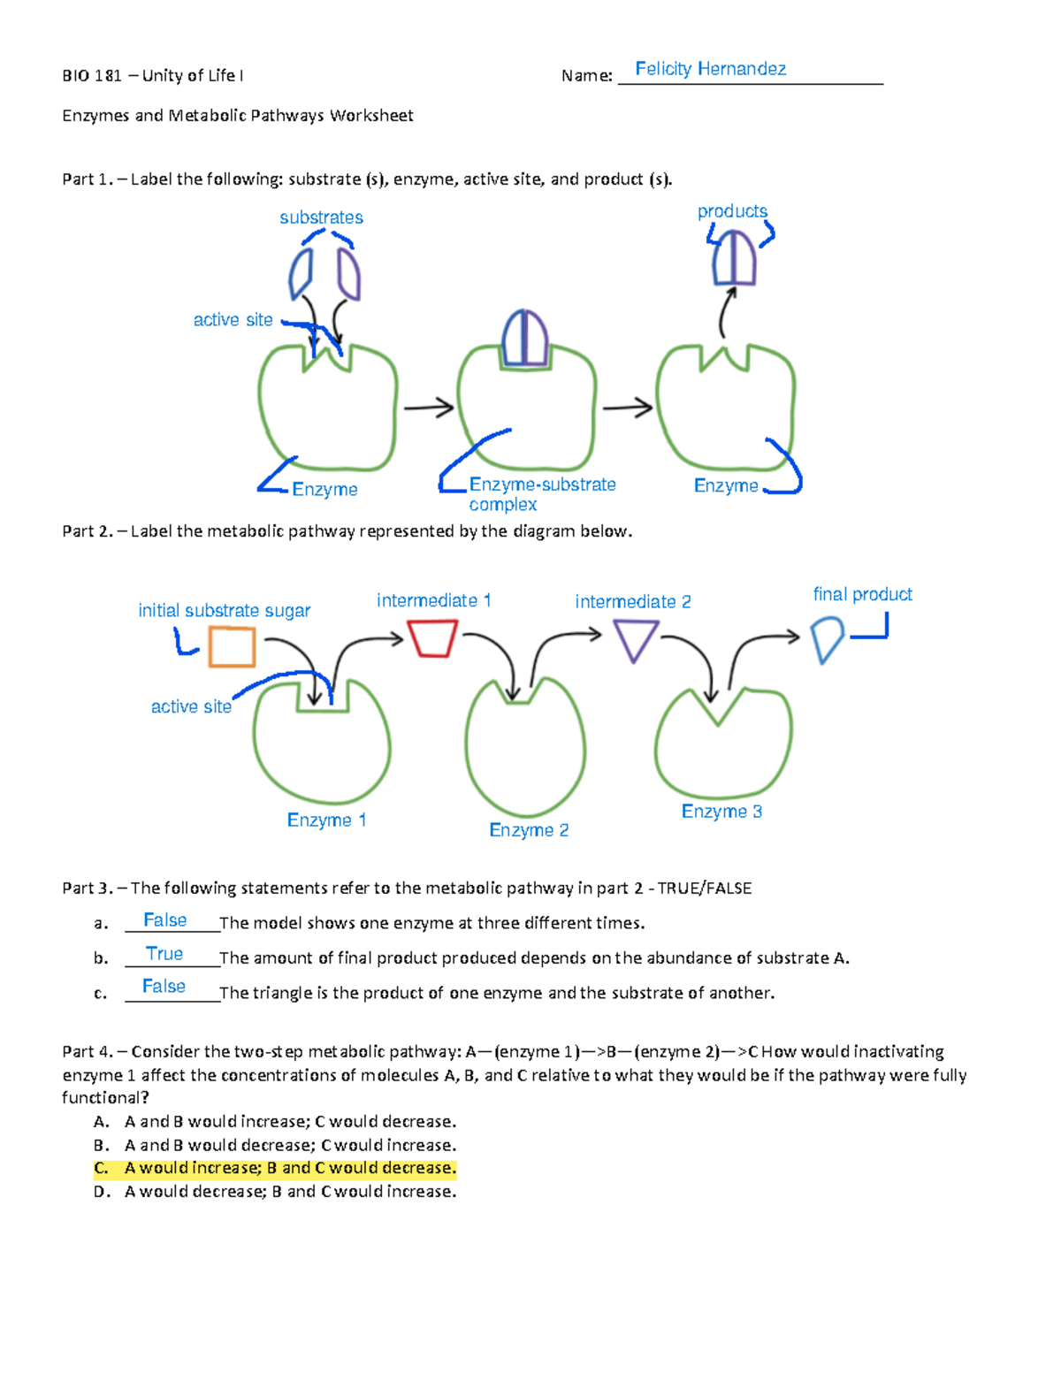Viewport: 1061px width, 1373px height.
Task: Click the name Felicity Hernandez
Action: click(710, 69)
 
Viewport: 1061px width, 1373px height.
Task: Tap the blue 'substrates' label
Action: click(321, 217)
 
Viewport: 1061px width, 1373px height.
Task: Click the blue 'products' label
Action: click(732, 211)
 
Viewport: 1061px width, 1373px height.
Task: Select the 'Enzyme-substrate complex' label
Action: click(541, 494)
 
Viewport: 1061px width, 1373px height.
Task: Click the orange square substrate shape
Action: click(233, 646)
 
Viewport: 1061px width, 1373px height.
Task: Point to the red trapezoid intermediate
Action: click(432, 637)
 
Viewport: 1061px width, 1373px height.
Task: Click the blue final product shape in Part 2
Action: click(827, 639)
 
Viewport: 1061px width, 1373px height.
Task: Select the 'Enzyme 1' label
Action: click(326, 820)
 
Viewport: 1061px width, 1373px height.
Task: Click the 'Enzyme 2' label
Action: click(529, 830)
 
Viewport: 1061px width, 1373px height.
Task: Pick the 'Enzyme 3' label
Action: click(721, 812)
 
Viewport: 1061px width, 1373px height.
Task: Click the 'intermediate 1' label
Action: click(433, 600)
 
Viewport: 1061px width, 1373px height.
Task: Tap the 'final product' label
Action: click(862, 594)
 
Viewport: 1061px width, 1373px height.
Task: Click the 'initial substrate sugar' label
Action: click(224, 611)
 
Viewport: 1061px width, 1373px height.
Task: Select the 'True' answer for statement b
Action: click(164, 954)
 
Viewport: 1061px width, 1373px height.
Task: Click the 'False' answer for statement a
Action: click(164, 920)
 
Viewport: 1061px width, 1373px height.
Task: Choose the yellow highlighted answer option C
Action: click(275, 1168)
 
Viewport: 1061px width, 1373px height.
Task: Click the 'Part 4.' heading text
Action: click(87, 1051)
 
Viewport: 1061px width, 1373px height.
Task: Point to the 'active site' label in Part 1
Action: click(233, 320)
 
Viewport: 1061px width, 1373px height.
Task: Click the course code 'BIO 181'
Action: click(91, 76)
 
